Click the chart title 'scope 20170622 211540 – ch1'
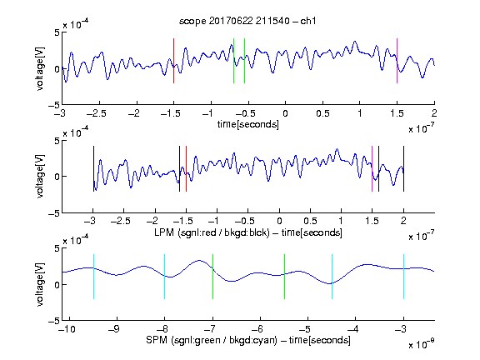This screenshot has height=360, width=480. click(x=247, y=21)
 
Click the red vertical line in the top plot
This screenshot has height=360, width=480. click(x=173, y=61)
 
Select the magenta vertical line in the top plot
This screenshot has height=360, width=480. click(x=397, y=61)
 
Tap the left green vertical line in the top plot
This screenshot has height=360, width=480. click(x=233, y=61)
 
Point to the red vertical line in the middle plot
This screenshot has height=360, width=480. click(x=186, y=169)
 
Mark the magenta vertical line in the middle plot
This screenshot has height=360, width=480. click(x=372, y=169)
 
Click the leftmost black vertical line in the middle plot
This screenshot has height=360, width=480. click(x=93, y=169)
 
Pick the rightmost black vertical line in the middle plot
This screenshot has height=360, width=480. click(x=403, y=169)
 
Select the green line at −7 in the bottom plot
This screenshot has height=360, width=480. click(x=212, y=277)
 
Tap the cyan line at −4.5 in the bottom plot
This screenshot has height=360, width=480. click(x=332, y=277)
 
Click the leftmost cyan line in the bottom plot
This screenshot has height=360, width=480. click(x=93, y=277)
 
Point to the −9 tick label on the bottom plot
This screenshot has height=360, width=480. click(x=114, y=329)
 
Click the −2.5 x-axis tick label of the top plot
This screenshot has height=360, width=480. click(x=97, y=113)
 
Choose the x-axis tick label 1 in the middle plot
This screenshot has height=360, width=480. click(x=341, y=221)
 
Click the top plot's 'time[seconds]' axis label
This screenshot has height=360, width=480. click(x=248, y=124)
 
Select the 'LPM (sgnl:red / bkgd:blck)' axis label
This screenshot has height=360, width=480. click(x=212, y=232)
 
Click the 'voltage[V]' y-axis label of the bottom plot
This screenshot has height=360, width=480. click(x=40, y=284)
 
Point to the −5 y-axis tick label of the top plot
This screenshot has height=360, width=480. click(x=54, y=105)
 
